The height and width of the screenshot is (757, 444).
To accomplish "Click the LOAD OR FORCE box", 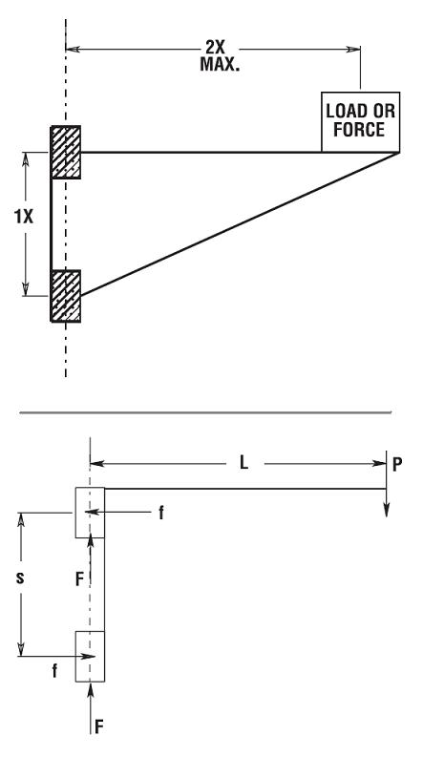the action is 360,121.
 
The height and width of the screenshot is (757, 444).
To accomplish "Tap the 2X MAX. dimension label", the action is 220,55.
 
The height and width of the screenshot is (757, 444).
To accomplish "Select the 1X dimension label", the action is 23,217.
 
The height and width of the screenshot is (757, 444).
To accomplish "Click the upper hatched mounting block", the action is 66,152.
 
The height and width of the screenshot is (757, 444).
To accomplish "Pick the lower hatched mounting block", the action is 66,296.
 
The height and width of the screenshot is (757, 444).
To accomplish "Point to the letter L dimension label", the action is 244,464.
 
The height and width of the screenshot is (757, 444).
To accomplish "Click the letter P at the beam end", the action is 397,465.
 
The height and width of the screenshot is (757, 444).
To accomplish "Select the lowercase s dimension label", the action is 20,577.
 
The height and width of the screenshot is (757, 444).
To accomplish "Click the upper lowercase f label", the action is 161,514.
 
